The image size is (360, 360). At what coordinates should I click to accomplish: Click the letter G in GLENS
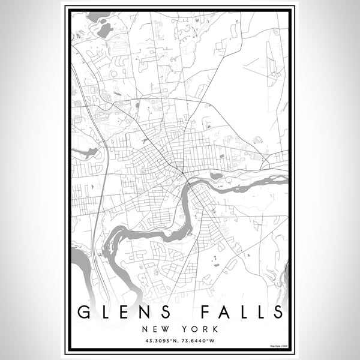point(85,312)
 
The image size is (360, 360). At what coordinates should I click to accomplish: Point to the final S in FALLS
point(277,312)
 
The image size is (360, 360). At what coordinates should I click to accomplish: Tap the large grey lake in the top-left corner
point(103,28)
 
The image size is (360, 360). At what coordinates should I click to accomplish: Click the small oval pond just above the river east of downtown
point(216,176)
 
